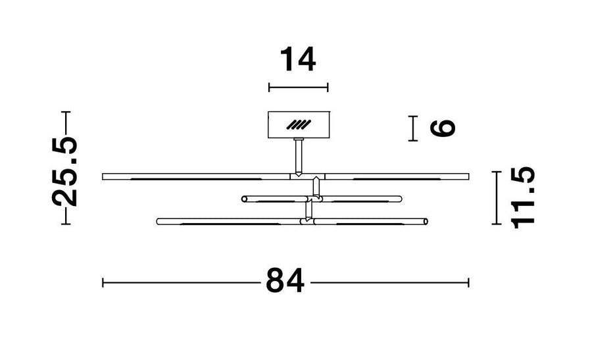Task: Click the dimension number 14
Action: [298, 59]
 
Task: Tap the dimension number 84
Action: [285, 280]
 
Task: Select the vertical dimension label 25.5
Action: [65, 172]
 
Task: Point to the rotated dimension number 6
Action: [443, 128]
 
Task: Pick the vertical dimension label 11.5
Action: [523, 198]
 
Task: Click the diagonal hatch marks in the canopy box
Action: [298, 124]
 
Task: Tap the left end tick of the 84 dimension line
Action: [103, 282]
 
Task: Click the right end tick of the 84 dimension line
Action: [468, 282]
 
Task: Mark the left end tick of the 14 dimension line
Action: [269, 88]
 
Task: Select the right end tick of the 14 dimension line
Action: [328, 88]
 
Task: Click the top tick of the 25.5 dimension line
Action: [66, 112]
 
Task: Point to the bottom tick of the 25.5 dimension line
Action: [66, 224]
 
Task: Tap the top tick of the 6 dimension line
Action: [413, 116]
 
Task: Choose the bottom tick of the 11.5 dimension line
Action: [497, 224]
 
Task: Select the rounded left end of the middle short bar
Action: [245, 199]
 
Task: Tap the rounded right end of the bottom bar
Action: [425, 221]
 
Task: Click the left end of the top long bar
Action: [103, 176]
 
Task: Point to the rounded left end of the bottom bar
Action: [159, 221]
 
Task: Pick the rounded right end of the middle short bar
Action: [399, 199]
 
